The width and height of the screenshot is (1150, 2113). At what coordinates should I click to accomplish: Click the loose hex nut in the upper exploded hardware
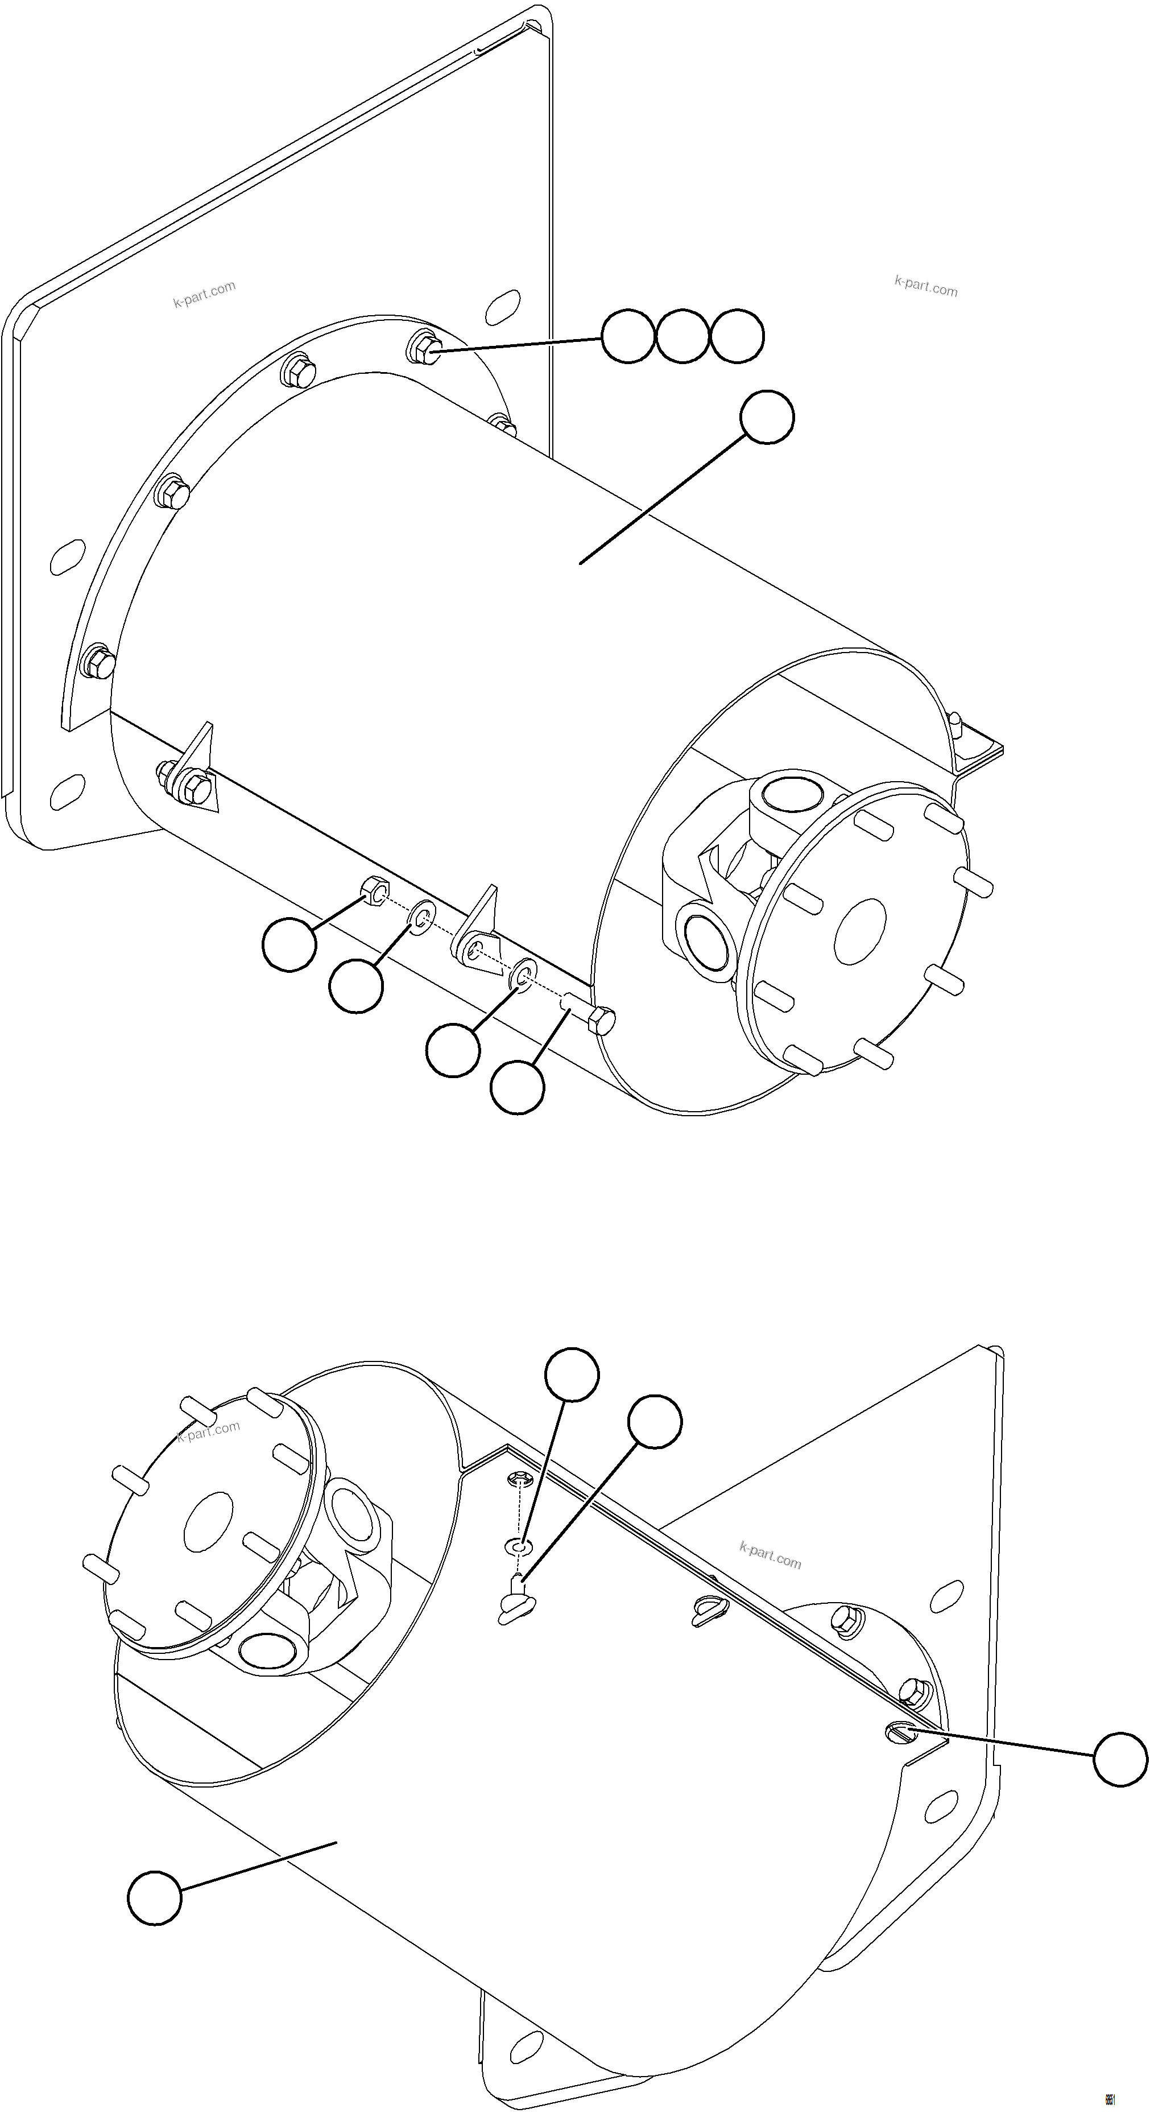[x=374, y=891]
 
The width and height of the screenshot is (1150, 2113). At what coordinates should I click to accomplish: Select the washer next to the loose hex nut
[x=421, y=919]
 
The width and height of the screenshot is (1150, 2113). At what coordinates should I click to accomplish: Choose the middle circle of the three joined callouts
[x=682, y=336]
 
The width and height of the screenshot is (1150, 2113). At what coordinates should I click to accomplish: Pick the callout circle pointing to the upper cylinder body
[x=767, y=418]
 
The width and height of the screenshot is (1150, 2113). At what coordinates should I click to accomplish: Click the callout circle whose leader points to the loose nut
[x=289, y=944]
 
